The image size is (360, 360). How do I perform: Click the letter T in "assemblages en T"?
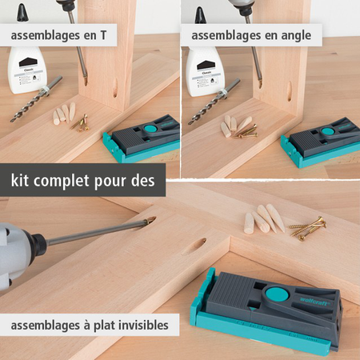click(124, 36)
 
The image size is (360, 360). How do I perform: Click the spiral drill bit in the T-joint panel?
click(35, 100)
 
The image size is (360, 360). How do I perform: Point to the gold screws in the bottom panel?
click(307, 227)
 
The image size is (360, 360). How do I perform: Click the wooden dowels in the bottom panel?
click(262, 218)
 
